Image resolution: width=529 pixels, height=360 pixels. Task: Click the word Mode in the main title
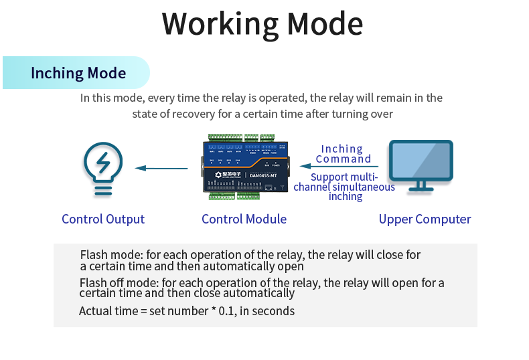325,23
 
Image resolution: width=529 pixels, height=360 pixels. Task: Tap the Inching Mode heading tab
78,73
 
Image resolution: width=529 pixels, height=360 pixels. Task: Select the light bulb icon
103,169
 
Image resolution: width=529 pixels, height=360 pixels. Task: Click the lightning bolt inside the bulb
104,163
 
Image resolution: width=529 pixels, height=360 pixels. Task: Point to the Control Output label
103,219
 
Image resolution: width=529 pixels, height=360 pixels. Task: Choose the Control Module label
244,219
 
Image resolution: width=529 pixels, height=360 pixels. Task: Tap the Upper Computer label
425,219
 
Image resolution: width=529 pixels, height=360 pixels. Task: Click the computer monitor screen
421,160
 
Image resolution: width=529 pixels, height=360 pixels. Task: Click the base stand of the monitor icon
421,187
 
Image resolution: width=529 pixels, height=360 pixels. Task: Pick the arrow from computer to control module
339,167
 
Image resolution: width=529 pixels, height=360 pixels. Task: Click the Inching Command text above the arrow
343,154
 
